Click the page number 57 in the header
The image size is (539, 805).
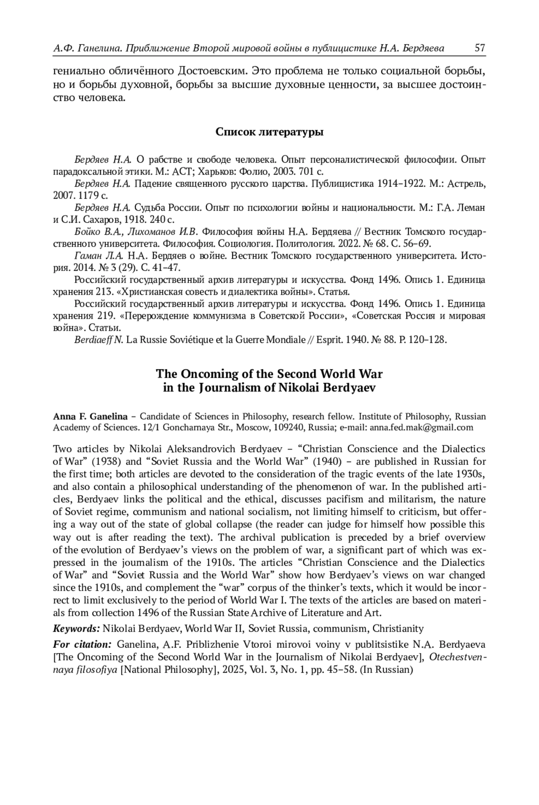(x=480, y=48)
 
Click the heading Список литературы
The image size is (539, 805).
(x=269, y=132)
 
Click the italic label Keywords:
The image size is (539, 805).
(x=76, y=628)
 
